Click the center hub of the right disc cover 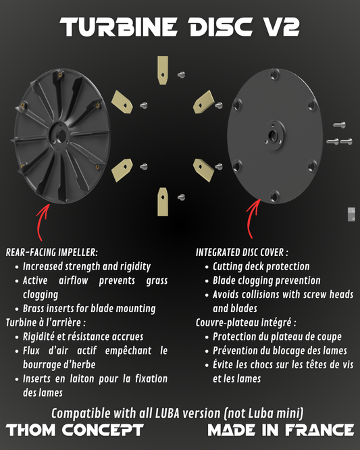tap(274, 134)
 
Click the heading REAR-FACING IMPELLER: tap(51, 252)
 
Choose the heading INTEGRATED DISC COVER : tap(242, 252)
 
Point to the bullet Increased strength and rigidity tap(86, 266)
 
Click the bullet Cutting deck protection tap(261, 266)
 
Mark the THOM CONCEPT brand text tap(75, 430)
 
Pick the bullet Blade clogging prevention tap(266, 280)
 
